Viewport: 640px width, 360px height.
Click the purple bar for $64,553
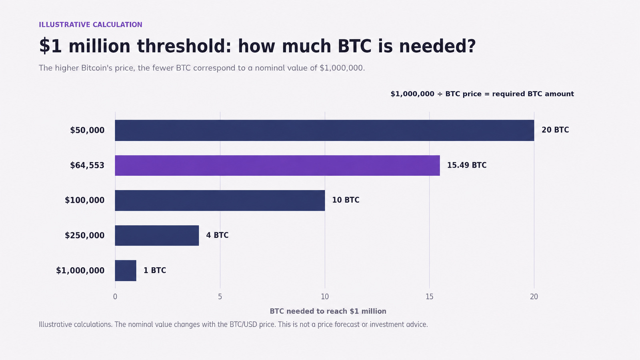click(278, 166)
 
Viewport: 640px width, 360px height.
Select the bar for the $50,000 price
click(324, 130)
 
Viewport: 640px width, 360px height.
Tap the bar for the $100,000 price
click(220, 200)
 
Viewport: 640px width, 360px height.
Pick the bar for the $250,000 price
click(157, 236)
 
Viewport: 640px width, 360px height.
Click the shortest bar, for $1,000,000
click(126, 270)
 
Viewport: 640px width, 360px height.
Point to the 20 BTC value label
click(555, 130)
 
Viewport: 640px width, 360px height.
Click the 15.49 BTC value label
click(466, 165)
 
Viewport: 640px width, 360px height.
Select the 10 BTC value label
click(346, 200)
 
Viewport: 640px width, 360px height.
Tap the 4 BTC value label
click(217, 235)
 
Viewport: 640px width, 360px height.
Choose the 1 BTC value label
click(154, 270)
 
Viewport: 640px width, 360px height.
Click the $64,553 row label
click(87, 166)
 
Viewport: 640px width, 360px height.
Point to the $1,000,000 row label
click(80, 270)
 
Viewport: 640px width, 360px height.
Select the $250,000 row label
click(84, 236)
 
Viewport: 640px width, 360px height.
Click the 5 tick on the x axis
click(220, 297)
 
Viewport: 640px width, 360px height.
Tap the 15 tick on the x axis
click(430, 297)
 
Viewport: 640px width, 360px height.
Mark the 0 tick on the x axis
click(115, 297)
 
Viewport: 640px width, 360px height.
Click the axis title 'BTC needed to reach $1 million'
click(328, 311)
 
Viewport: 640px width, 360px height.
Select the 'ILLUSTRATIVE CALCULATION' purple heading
click(90, 24)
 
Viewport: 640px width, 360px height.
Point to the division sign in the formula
click(440, 94)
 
